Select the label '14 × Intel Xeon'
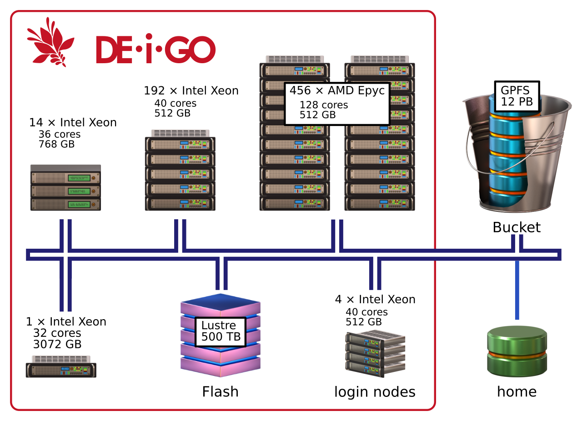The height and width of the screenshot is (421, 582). [73, 123]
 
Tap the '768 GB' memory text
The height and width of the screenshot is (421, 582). [57, 145]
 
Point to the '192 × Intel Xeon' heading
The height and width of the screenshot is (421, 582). [191, 91]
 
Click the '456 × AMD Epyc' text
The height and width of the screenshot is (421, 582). [337, 90]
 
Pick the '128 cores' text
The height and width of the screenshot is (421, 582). [324, 105]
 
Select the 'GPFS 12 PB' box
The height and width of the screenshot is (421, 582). [517, 96]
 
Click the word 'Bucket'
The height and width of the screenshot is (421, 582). [517, 227]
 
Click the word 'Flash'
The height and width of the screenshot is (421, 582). [220, 391]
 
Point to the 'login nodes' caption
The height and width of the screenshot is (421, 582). [375, 392]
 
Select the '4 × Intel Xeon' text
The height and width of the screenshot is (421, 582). [375, 300]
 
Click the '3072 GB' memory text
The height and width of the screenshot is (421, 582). [57, 345]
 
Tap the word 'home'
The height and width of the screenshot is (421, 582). [517, 392]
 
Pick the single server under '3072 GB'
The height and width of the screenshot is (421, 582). [61, 367]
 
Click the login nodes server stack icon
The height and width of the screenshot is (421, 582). [375, 354]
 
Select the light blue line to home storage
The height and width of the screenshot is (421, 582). [517, 291]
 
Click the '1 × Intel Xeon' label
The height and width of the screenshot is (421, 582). [66, 322]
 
